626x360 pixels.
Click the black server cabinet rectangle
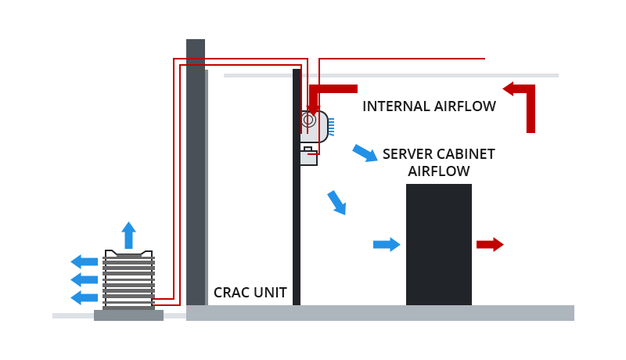point(438,244)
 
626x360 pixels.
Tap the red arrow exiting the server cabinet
point(490,244)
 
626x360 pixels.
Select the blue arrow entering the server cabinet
point(387,244)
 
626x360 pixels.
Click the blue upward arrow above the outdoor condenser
point(128,235)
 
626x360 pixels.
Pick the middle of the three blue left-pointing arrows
point(85,279)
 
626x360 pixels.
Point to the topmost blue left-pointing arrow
point(85,261)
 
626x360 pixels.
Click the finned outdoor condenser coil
point(128,280)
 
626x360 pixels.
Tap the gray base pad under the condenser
point(128,315)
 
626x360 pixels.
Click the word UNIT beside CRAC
point(271,293)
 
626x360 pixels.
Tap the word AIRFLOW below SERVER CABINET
point(438,171)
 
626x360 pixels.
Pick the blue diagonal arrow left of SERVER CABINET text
point(365,153)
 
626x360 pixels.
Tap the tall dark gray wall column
point(196,172)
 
